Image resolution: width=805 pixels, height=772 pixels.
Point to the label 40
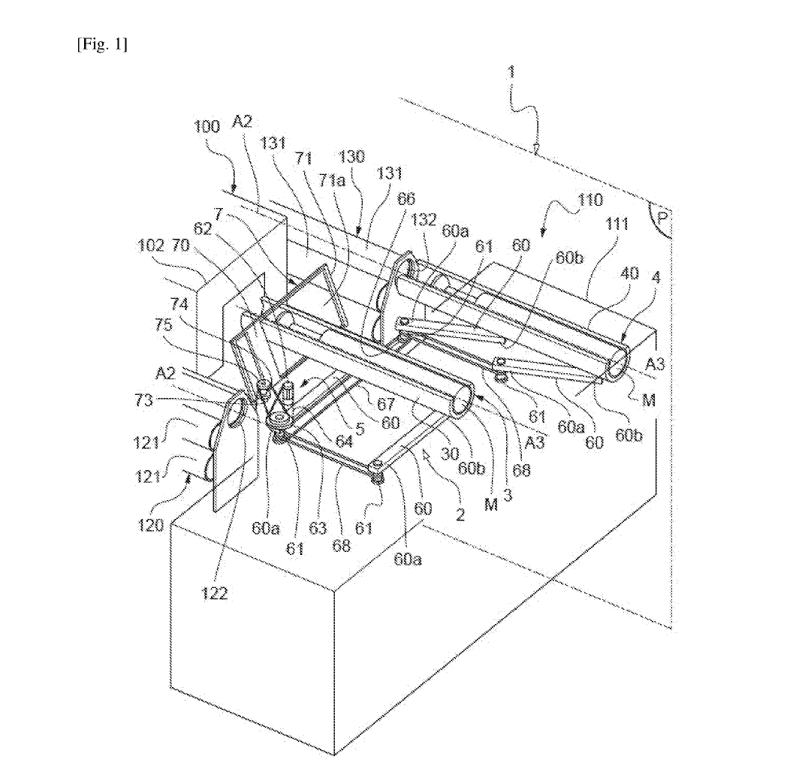pyautogui.click(x=629, y=275)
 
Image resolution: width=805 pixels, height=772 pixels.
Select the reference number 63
pyautogui.click(x=318, y=528)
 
